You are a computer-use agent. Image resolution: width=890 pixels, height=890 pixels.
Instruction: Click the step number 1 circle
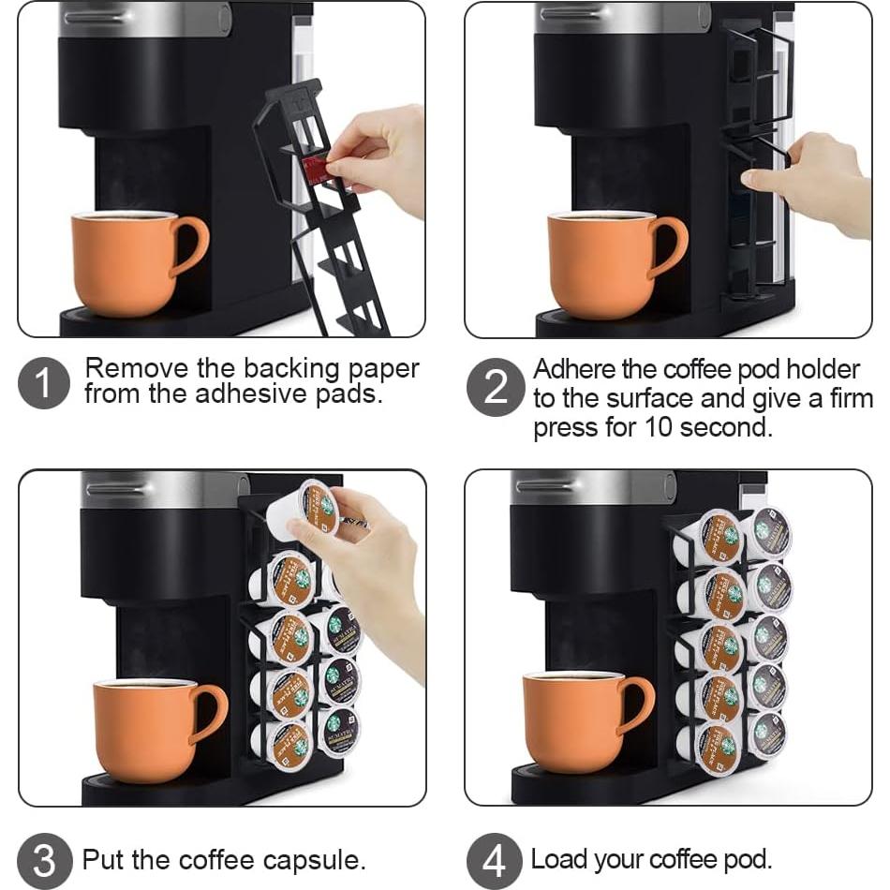44,382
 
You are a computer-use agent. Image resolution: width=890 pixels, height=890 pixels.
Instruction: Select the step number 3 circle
44,860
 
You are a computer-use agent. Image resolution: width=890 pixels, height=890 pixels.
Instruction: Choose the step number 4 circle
494,860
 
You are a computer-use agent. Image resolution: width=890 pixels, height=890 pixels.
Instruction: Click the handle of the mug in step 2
669,246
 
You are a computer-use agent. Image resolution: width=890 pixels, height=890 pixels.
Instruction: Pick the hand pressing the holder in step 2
810,182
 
